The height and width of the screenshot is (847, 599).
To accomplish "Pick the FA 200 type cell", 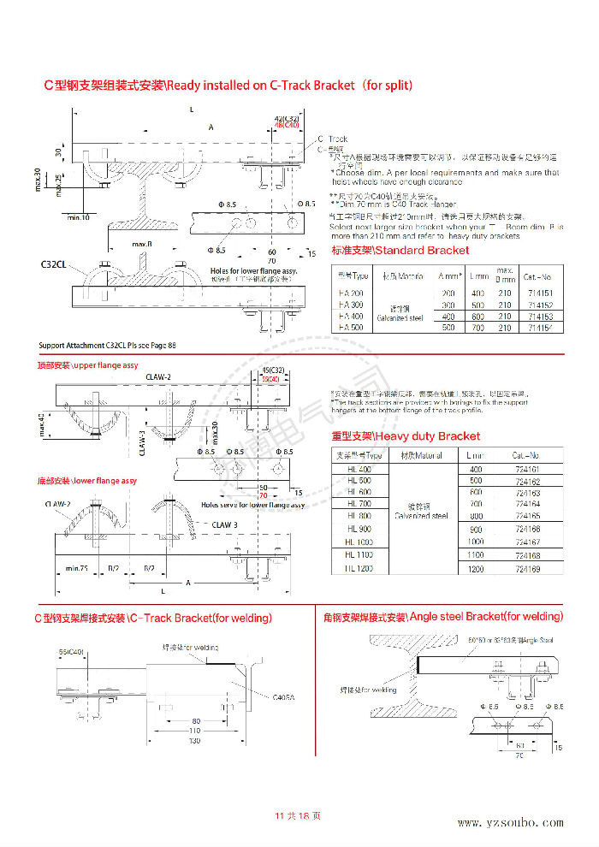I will (x=351, y=293).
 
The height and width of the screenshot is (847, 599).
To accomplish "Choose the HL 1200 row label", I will (x=359, y=569).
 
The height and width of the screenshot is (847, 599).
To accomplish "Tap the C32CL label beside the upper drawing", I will (x=54, y=264).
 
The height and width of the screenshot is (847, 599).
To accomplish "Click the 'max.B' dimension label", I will (x=143, y=245).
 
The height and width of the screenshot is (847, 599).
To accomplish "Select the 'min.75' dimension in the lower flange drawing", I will (x=78, y=567).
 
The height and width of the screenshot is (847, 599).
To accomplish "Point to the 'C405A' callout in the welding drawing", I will (x=283, y=698).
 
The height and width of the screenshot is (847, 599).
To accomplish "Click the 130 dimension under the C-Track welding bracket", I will (x=194, y=741).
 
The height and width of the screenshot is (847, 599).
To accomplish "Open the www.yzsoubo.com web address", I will (x=510, y=823).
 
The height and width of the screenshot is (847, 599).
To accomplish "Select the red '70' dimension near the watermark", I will (x=264, y=495).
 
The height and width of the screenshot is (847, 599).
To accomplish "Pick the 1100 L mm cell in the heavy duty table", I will (x=476, y=555).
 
